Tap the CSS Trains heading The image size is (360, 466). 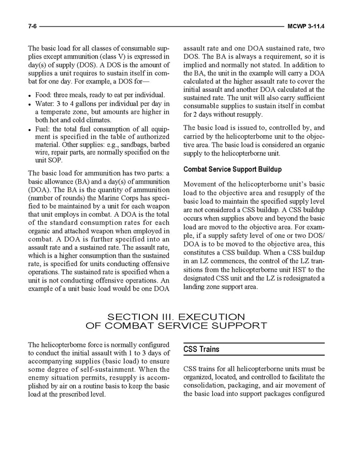pos(201,349)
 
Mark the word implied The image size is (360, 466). pos(197,64)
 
